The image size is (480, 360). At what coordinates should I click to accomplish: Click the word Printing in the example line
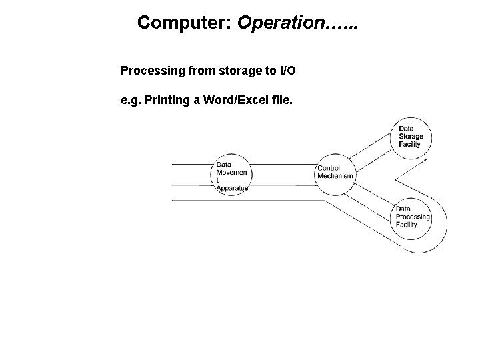(169, 101)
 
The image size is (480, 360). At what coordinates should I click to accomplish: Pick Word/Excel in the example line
(234, 101)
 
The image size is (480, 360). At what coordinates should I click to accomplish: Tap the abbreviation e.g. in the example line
(130, 101)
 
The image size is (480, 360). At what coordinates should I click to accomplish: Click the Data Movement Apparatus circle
(231, 175)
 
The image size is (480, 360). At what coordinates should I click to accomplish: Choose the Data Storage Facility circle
(411, 137)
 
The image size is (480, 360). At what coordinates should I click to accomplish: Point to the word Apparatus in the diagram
(232, 189)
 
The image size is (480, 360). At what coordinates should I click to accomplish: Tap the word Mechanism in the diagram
(336, 175)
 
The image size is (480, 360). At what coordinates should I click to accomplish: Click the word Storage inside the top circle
(411, 137)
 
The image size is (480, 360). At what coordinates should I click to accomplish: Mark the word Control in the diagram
(329, 168)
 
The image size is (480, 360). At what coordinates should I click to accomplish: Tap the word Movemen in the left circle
(231, 173)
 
